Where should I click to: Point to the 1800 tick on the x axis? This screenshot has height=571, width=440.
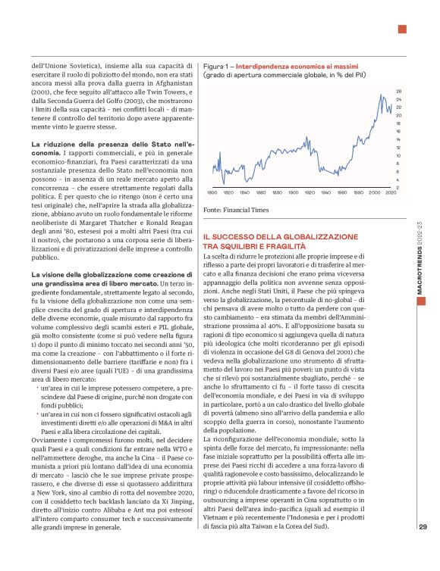209,194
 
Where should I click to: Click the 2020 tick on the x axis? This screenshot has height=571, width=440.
391,194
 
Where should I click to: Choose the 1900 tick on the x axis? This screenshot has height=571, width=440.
300,194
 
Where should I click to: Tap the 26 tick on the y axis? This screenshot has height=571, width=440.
398,91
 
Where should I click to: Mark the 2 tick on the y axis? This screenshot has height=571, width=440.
398,187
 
